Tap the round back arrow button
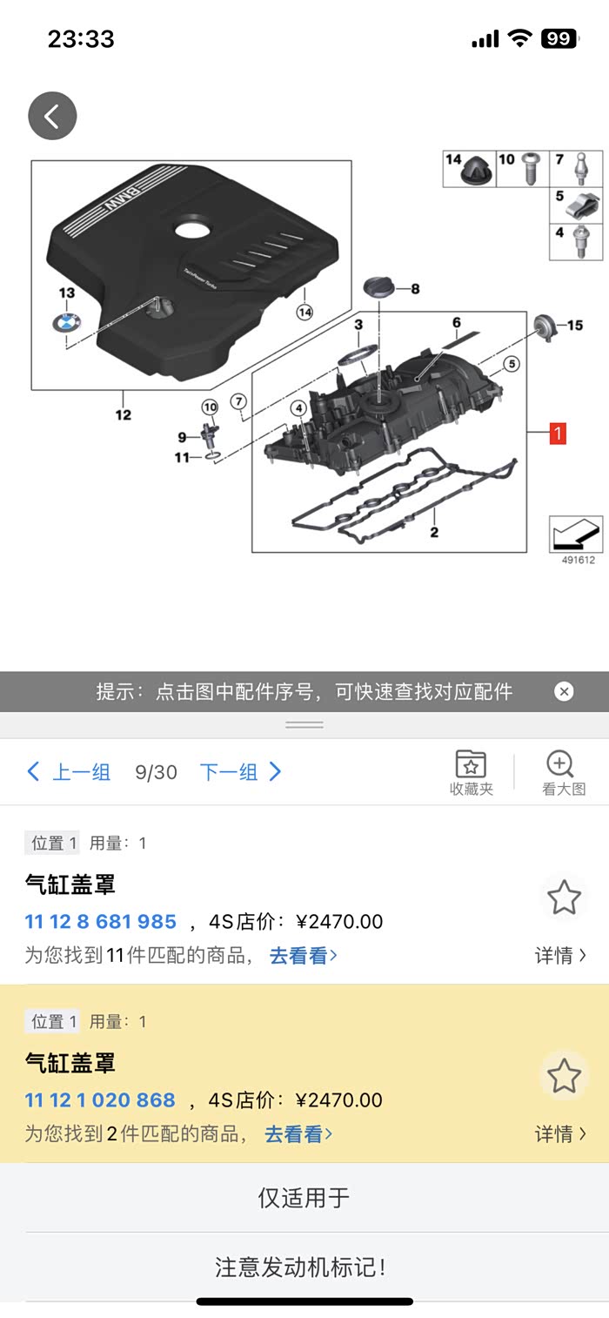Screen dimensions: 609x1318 (x=52, y=116)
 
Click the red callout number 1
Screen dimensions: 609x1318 (x=558, y=434)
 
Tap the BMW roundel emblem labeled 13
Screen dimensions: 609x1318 (x=66, y=323)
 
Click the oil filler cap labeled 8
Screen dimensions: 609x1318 (x=379, y=286)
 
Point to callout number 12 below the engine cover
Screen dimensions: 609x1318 (x=123, y=415)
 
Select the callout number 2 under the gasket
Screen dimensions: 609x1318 (x=434, y=533)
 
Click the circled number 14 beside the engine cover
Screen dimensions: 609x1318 (x=304, y=313)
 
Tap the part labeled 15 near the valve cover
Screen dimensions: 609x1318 (x=545, y=326)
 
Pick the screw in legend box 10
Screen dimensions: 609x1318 (x=531, y=169)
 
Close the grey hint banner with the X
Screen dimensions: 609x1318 (x=564, y=691)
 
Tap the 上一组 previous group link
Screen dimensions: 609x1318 (x=69, y=772)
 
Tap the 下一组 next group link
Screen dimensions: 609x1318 (x=240, y=772)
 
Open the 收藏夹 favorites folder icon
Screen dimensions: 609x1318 (x=471, y=764)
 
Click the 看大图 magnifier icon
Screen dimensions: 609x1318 (x=559, y=763)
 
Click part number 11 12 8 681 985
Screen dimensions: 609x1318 (x=101, y=921)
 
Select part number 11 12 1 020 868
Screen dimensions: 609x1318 (x=100, y=1099)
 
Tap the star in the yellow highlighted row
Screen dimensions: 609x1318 (x=564, y=1075)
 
